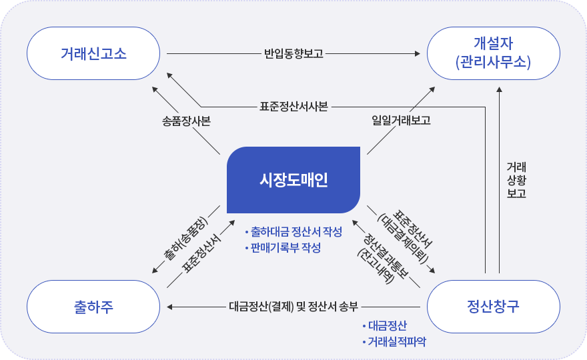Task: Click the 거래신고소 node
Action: tap(93, 53)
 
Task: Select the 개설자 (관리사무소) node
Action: tap(494, 53)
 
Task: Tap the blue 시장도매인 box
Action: tap(293, 180)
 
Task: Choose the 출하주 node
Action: tap(93, 307)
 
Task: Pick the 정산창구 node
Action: tap(494, 307)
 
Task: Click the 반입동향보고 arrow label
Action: tap(293, 53)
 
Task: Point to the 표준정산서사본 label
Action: tap(294, 107)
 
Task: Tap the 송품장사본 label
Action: tap(186, 121)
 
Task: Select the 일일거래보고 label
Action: tap(401, 120)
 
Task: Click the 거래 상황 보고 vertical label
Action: tap(516, 180)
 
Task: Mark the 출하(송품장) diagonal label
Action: tap(185, 239)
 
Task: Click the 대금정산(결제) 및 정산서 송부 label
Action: tap(293, 307)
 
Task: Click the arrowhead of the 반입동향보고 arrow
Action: tap(418, 53)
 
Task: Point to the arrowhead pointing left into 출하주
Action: tap(169, 307)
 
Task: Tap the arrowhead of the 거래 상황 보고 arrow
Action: tap(499, 89)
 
